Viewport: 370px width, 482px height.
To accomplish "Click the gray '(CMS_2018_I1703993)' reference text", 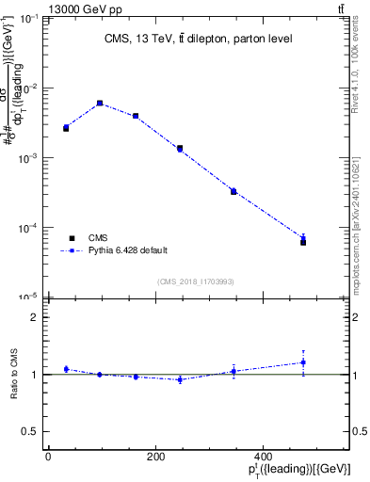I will [x=195, y=281].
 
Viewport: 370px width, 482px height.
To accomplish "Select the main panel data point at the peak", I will [x=100, y=104].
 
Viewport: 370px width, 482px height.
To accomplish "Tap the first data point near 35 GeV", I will [x=66, y=127].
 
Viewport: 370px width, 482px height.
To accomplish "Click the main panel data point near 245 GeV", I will [x=179, y=149].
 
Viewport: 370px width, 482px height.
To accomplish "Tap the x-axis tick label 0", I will [x=48, y=457].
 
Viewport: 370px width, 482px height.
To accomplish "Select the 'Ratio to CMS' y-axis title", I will [x=15, y=374].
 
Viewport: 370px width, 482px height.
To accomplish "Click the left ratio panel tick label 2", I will [x=34, y=317].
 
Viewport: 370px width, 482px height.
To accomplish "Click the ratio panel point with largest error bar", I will [x=303, y=362].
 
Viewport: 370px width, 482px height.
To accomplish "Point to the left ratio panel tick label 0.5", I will [x=30, y=431].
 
